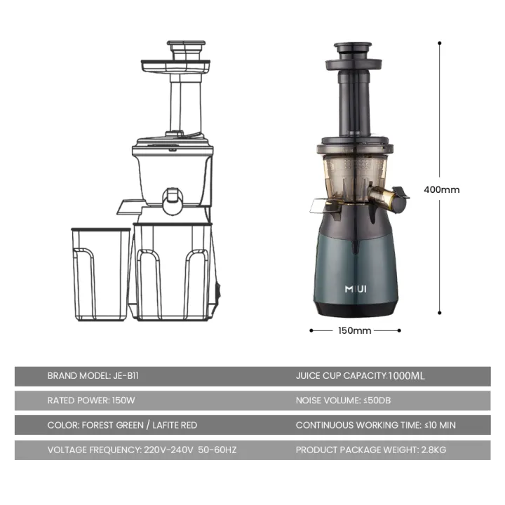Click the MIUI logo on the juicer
coord(356,288)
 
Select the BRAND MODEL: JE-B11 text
coord(88,376)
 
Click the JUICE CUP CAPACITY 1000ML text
coord(360,376)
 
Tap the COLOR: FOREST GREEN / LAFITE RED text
coord(122,425)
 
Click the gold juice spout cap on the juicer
coord(384,197)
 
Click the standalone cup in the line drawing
coord(101,274)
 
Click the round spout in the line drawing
coord(173,201)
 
